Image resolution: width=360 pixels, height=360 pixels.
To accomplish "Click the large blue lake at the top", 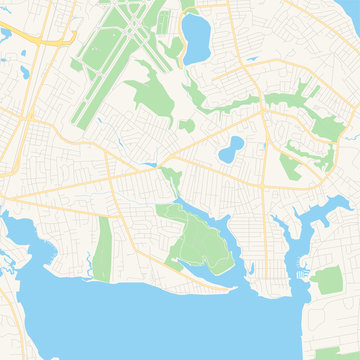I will [x=197, y=38].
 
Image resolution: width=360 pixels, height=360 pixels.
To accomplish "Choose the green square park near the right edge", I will [x=328, y=281].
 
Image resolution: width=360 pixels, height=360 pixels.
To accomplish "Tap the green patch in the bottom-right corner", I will [x=335, y=352].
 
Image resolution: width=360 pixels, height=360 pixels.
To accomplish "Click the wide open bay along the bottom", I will [x=150, y=320].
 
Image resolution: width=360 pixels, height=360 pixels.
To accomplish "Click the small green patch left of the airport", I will [x=76, y=66].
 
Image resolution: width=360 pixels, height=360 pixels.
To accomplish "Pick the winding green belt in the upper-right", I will [x=260, y=100].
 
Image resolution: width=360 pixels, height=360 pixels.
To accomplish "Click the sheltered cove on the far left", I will [x=20, y=240].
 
